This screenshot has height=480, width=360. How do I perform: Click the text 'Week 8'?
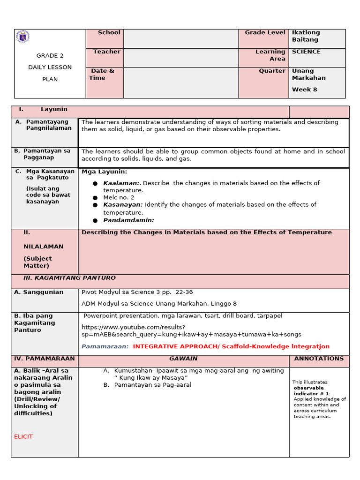tap(304, 90)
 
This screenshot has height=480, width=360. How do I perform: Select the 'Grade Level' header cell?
tap(264, 33)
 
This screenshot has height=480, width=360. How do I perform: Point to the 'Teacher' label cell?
tap(106, 52)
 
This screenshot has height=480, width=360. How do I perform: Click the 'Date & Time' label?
tap(102, 75)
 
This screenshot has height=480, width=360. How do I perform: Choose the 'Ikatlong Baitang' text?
tap(306, 36)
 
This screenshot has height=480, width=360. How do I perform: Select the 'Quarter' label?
tap(272, 71)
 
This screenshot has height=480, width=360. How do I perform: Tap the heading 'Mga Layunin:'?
tap(104, 172)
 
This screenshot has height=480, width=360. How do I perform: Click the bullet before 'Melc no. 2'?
tap(95, 198)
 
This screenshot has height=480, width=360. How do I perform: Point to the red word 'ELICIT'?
tap(23, 437)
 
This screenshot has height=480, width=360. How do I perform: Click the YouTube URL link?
tap(191, 331)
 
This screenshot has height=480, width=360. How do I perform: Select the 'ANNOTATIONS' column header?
tap(319, 359)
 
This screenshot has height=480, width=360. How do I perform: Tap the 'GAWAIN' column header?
tap(183, 359)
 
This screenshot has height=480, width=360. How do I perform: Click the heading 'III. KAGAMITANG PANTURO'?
tap(69, 278)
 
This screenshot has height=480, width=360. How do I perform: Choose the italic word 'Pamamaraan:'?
tap(105, 347)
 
